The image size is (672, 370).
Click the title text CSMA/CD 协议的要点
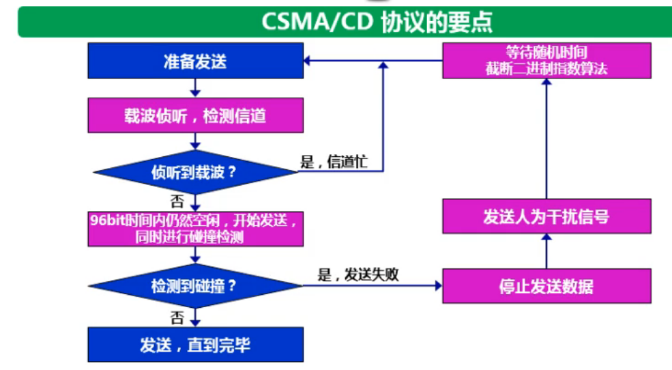(377, 22)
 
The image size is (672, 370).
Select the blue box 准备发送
(195, 62)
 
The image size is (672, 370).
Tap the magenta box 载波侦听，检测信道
(195, 115)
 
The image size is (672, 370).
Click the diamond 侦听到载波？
(195, 172)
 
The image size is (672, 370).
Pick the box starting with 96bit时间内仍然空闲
(195, 229)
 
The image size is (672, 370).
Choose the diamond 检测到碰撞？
(195, 285)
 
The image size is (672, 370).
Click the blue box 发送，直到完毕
(195, 344)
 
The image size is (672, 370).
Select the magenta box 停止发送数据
(546, 285)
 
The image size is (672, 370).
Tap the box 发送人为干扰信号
(546, 217)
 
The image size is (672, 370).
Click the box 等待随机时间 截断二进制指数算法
(546, 61)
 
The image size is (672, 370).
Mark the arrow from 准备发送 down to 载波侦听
(196, 88)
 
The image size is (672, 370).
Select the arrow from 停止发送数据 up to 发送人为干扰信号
(546, 251)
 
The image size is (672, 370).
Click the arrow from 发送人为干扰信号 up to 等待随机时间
(546, 140)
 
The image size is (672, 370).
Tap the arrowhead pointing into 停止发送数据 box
(437, 285)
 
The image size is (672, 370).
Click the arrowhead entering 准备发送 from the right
(308, 61)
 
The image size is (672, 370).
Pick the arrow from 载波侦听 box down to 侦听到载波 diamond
(196, 142)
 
